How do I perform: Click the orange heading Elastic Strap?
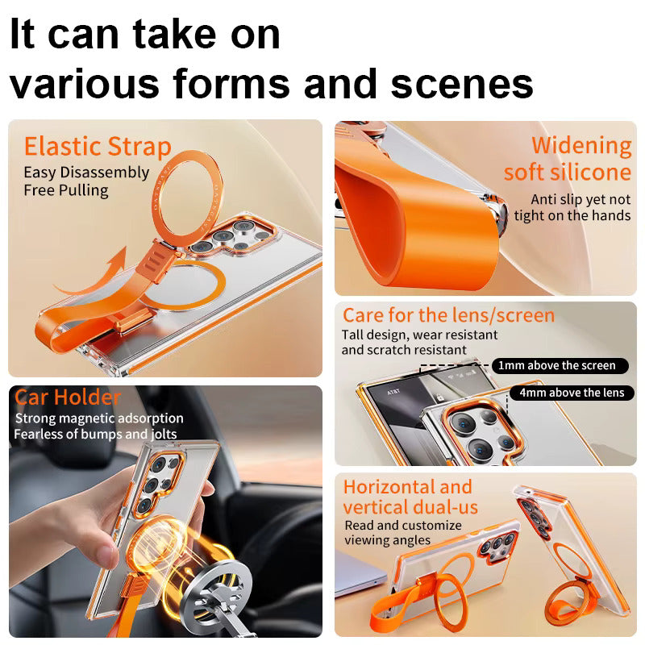click(x=98, y=147)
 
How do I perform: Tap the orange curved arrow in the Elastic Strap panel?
click(x=94, y=277)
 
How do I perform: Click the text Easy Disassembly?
click(x=86, y=173)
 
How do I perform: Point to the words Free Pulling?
click(x=66, y=190)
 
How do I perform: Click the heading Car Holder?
click(x=68, y=397)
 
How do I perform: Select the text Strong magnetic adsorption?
click(x=99, y=418)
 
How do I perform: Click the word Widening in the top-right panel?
click(x=581, y=146)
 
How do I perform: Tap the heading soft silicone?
click(x=568, y=173)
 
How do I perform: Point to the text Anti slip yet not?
click(x=580, y=199)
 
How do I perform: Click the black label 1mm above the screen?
click(x=560, y=366)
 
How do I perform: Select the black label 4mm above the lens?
click(x=572, y=393)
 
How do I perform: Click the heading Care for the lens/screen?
click(x=449, y=315)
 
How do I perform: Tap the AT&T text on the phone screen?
click(x=393, y=392)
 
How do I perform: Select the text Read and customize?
click(x=403, y=526)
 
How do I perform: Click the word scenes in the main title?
click(x=461, y=84)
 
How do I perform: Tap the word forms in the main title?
click(x=231, y=84)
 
